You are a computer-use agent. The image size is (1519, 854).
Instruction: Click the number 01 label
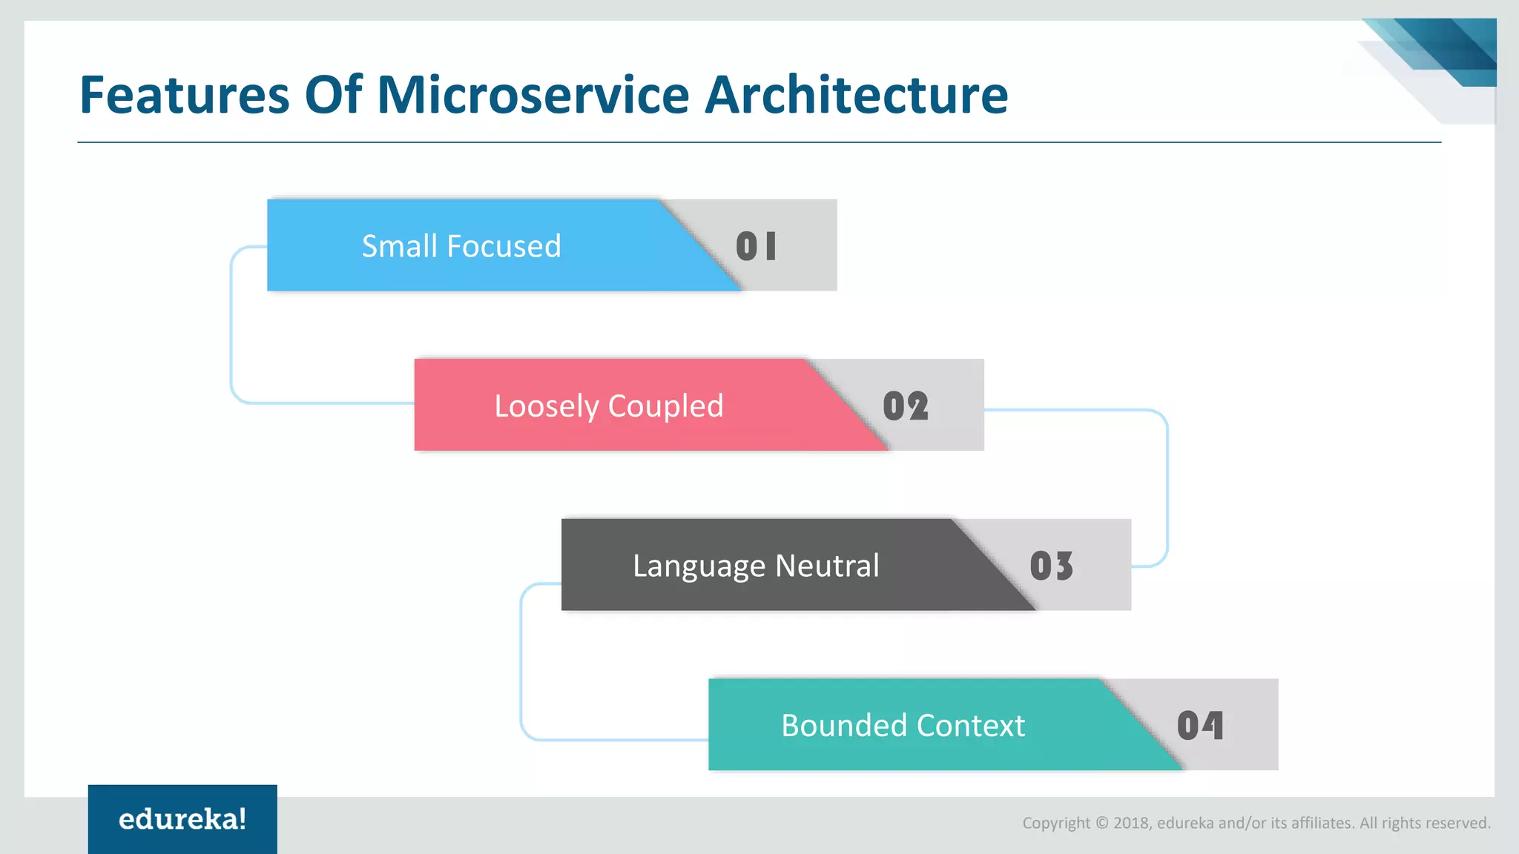coord(756,246)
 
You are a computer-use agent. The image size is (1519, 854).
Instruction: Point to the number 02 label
coord(905,406)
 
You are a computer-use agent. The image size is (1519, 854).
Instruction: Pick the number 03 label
coord(1051,566)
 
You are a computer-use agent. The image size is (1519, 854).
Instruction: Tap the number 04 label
coord(1199,726)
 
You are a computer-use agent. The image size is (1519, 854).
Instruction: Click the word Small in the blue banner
coord(399,246)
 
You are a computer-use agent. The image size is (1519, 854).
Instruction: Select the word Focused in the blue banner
coord(504,246)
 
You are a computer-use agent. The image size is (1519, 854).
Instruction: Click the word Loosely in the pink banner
coord(546,406)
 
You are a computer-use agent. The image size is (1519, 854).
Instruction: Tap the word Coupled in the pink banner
coord(665,406)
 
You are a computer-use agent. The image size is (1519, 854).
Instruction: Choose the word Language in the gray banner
coord(699,566)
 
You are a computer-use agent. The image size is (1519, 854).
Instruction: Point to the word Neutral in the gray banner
coord(827,566)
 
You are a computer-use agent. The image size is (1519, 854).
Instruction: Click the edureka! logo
coord(182,819)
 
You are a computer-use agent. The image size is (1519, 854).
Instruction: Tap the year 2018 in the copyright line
coord(1131,823)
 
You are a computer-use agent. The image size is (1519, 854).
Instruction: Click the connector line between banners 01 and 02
coord(231,326)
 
